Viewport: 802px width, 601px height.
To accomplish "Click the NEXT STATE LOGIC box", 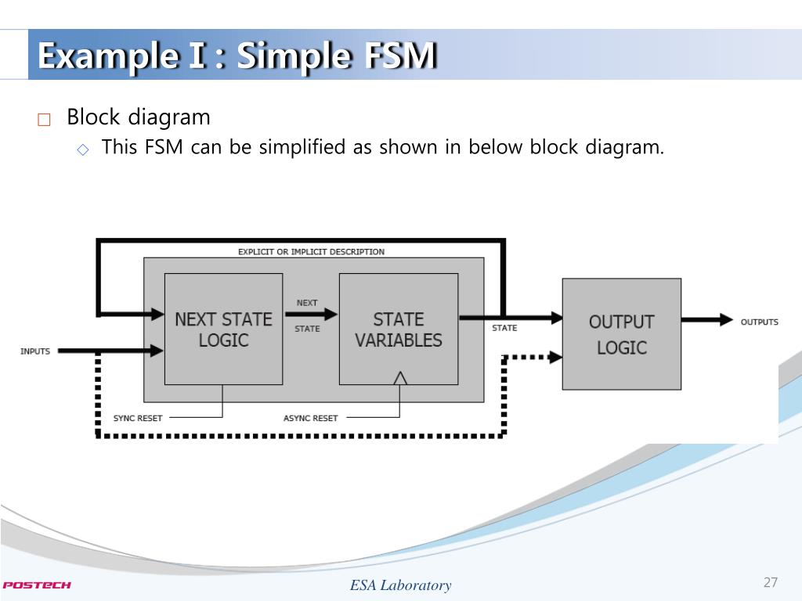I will click(x=223, y=329).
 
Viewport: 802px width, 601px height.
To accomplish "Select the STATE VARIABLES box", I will click(x=398, y=329).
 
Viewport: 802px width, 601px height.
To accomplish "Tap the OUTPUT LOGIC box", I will click(x=621, y=333).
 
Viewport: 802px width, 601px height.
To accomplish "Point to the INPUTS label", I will click(x=35, y=351).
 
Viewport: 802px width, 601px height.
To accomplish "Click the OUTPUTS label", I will click(x=759, y=322).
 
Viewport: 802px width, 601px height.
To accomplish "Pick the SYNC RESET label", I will click(x=138, y=418).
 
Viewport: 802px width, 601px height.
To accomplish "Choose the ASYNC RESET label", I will click(x=310, y=418).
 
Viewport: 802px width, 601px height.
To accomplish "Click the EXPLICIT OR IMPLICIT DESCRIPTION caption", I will click(x=311, y=252).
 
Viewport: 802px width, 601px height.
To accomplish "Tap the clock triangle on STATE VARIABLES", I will click(x=400, y=378).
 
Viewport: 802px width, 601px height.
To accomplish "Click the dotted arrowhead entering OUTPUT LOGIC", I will click(x=555, y=358).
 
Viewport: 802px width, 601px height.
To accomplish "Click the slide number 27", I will click(x=770, y=582).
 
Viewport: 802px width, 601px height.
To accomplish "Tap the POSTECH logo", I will click(x=37, y=585).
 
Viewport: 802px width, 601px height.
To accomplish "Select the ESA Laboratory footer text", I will click(x=400, y=585).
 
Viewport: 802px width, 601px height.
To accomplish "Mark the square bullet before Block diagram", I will click(x=43, y=120).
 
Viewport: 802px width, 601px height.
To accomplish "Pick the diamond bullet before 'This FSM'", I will click(x=83, y=149).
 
